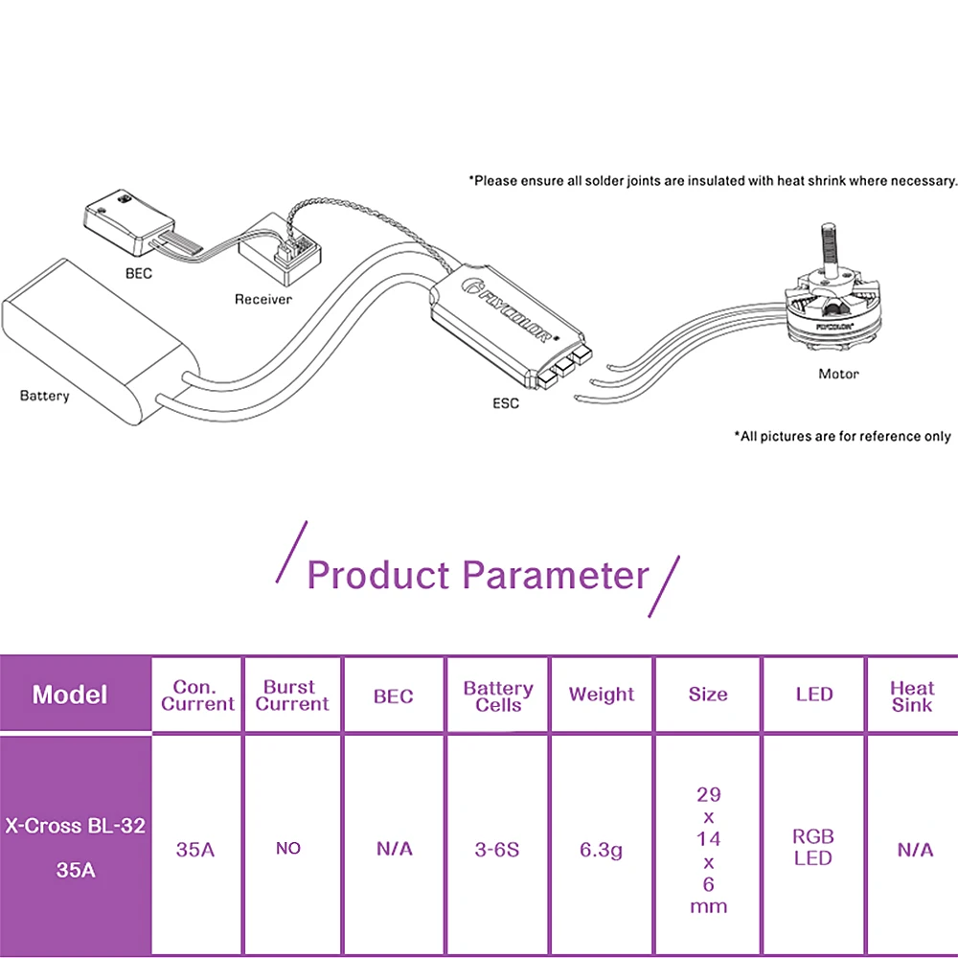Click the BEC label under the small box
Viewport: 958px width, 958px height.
click(139, 273)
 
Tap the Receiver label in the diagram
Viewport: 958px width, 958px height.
click(263, 299)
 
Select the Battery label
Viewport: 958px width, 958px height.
click(45, 396)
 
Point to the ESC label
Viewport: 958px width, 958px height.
click(506, 403)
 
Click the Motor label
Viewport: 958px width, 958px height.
click(839, 374)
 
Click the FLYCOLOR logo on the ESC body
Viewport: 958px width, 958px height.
click(507, 311)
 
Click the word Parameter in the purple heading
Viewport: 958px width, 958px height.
click(556, 575)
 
